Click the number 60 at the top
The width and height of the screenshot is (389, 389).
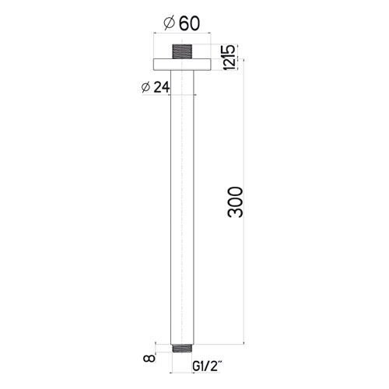(189, 24)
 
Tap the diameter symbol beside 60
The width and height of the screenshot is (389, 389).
(169, 24)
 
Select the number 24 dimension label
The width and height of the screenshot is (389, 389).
(162, 87)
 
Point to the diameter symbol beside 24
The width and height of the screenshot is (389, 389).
(145, 88)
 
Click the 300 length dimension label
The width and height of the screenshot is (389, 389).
(236, 202)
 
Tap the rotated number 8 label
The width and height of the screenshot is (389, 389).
(149, 359)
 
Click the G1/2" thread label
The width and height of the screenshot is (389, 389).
(207, 366)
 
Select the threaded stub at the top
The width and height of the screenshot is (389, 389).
(182, 51)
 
